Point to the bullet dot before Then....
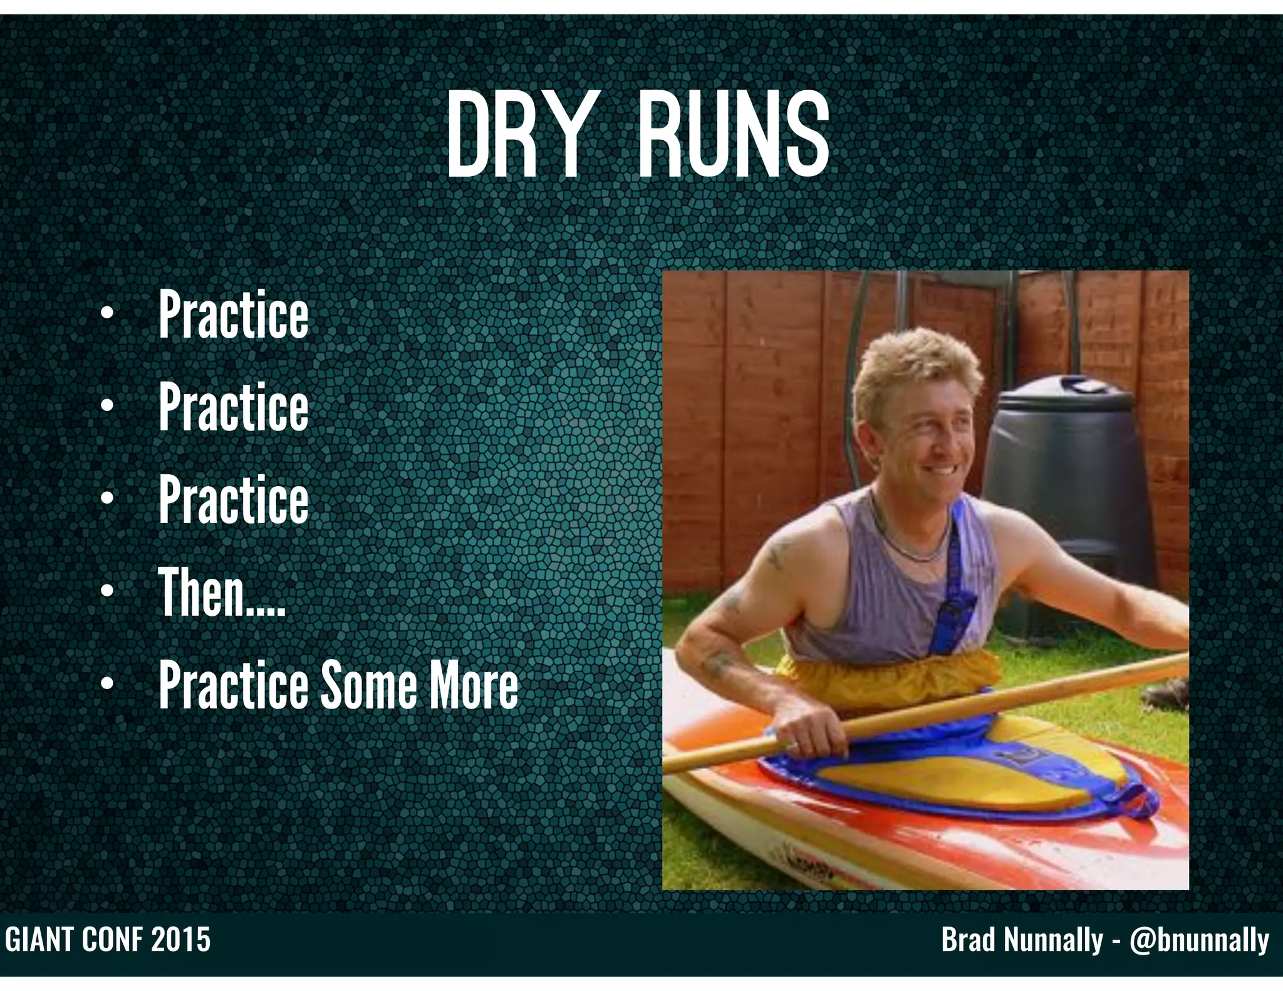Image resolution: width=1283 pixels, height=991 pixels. tap(108, 592)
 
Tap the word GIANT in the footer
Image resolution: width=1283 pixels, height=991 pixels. tap(35, 940)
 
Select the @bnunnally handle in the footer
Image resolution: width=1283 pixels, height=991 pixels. tap(1199, 940)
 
